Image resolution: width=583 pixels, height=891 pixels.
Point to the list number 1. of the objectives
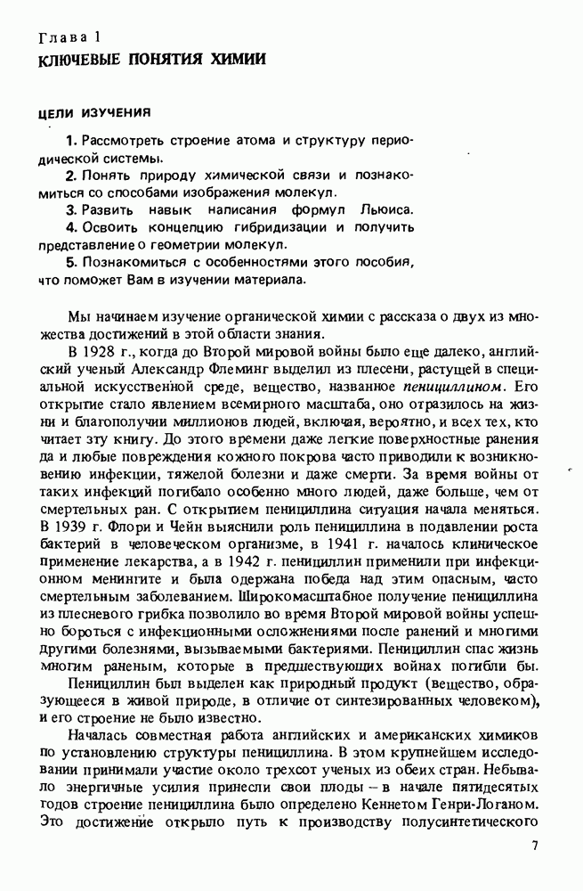click(x=72, y=142)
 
